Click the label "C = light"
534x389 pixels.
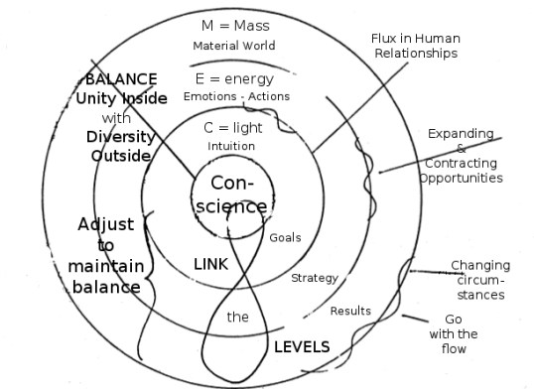tap(232, 129)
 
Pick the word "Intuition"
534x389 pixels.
tap(231, 147)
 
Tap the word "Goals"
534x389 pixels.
tap(285, 238)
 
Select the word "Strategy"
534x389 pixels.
tap(315, 278)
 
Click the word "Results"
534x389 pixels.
tap(350, 311)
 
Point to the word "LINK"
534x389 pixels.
tap(210, 265)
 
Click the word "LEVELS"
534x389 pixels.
tap(302, 346)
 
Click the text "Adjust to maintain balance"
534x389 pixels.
tap(105, 256)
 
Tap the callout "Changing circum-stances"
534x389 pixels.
tap(478, 280)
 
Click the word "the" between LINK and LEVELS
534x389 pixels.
tap(238, 318)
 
